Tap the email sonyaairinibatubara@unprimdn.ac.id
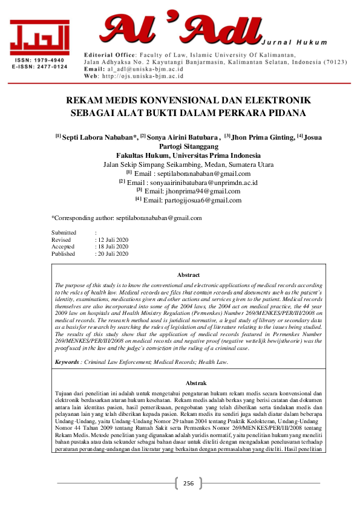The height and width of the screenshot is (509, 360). point(189,182)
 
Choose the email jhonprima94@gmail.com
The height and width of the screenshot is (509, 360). point(192,191)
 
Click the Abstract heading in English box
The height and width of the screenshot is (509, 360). point(188,275)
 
